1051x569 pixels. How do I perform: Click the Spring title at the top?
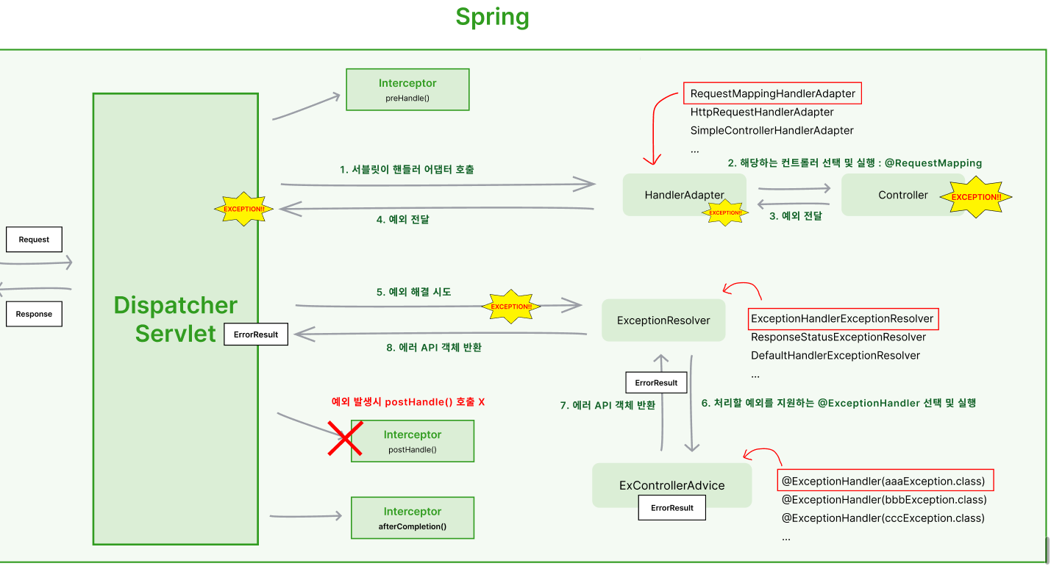[x=492, y=18]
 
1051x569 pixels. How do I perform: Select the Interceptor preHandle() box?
[x=407, y=90]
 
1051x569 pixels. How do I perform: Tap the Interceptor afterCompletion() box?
[x=413, y=518]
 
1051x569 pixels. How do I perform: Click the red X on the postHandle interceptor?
[x=345, y=438]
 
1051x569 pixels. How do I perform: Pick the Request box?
[x=34, y=239]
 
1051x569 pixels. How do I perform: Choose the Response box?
[x=34, y=314]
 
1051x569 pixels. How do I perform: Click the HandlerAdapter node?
[x=684, y=195]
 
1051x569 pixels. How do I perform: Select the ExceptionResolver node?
[x=663, y=321]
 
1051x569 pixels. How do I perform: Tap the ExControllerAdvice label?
[x=672, y=485]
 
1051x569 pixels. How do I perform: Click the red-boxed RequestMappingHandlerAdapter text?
[x=772, y=93]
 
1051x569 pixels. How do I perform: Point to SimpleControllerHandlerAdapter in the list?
[x=772, y=130]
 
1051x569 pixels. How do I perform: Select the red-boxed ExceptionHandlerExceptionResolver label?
[x=843, y=319]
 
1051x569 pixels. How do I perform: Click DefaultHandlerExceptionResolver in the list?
[x=836, y=356]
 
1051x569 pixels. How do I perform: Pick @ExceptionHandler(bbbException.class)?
[x=884, y=500]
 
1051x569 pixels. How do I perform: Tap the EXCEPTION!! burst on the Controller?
[x=976, y=197]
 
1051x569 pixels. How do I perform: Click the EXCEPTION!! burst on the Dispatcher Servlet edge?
[x=243, y=209]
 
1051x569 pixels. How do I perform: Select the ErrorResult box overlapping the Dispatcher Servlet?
[x=256, y=334]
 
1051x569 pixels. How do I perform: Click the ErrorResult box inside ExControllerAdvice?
[x=672, y=507]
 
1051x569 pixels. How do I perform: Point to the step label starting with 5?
[x=413, y=292]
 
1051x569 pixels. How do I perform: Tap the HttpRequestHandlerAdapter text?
[x=762, y=112]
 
